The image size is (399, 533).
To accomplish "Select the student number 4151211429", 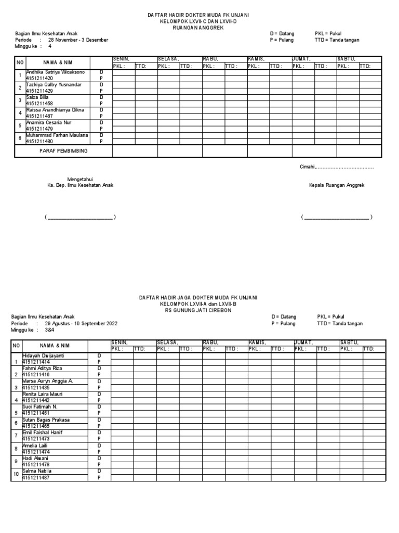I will (39, 91).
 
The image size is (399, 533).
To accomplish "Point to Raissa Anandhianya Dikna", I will (55, 110).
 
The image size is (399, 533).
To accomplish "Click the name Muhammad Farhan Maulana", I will (57, 135).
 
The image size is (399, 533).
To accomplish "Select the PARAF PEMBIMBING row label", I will (64, 150).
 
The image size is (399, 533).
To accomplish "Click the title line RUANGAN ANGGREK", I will (199, 28).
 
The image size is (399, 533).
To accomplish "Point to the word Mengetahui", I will (80, 179).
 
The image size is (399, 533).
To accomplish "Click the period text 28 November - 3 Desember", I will (78, 40).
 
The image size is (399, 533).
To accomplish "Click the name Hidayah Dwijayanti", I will (43, 355).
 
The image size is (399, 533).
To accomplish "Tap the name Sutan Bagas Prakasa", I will (46, 420).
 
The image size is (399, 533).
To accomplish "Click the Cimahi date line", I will (337, 167).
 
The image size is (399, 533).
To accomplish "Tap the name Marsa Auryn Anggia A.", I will (47, 381).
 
